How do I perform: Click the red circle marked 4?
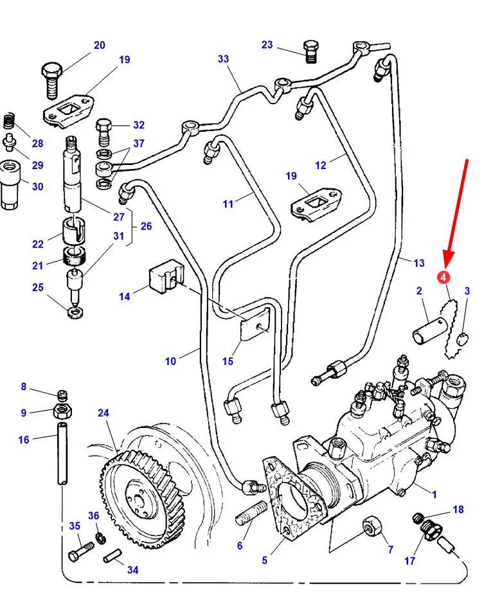[444, 277]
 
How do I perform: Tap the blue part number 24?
[103, 413]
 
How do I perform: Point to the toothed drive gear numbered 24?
[143, 499]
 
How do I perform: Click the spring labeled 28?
[8, 121]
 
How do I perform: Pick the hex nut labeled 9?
[63, 411]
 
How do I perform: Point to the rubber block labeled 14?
[166, 275]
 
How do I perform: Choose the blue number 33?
[224, 59]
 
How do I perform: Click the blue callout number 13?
[419, 263]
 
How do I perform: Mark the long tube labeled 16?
[62, 453]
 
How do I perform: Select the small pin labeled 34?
[112, 555]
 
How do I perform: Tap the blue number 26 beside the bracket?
[146, 226]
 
